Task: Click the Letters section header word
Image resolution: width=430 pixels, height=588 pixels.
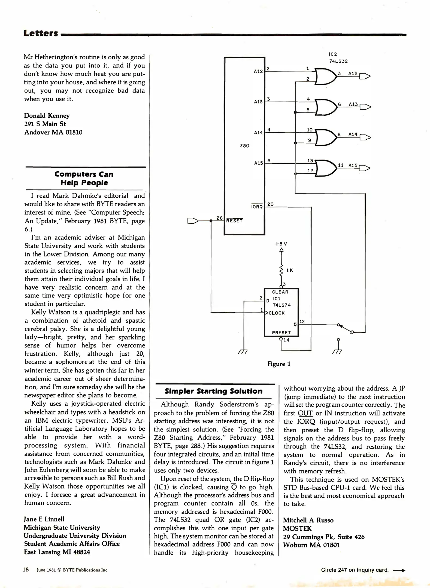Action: (41, 33)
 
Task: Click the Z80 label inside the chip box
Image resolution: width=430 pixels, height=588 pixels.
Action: (244, 146)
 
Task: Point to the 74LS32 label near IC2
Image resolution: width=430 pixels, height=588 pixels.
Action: (338, 61)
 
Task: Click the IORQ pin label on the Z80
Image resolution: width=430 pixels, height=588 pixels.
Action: (257, 207)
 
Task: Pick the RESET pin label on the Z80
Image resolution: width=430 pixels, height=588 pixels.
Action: (234, 221)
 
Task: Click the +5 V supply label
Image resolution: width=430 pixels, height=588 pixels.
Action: (281, 244)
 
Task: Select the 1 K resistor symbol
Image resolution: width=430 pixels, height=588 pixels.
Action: (281, 270)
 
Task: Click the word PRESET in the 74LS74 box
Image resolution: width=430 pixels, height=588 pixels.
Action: (281, 333)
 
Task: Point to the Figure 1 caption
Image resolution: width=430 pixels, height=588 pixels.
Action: (279, 364)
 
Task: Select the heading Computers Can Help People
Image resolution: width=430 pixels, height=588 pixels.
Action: (84, 178)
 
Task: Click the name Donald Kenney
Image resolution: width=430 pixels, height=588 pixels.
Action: (47, 115)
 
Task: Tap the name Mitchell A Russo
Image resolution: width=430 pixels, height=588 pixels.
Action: (308, 520)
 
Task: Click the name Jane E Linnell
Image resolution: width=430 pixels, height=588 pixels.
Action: (44, 519)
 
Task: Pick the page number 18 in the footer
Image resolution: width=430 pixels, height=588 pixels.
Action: (26, 570)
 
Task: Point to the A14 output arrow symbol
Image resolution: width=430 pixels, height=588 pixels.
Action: (365, 137)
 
